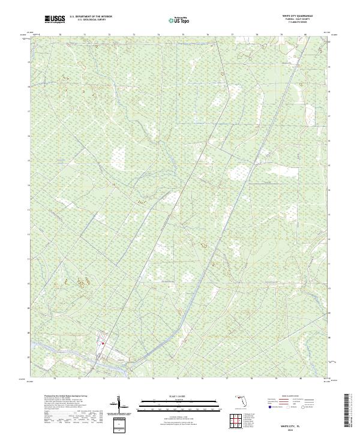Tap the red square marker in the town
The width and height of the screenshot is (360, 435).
pyautogui.click(x=103, y=344)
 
